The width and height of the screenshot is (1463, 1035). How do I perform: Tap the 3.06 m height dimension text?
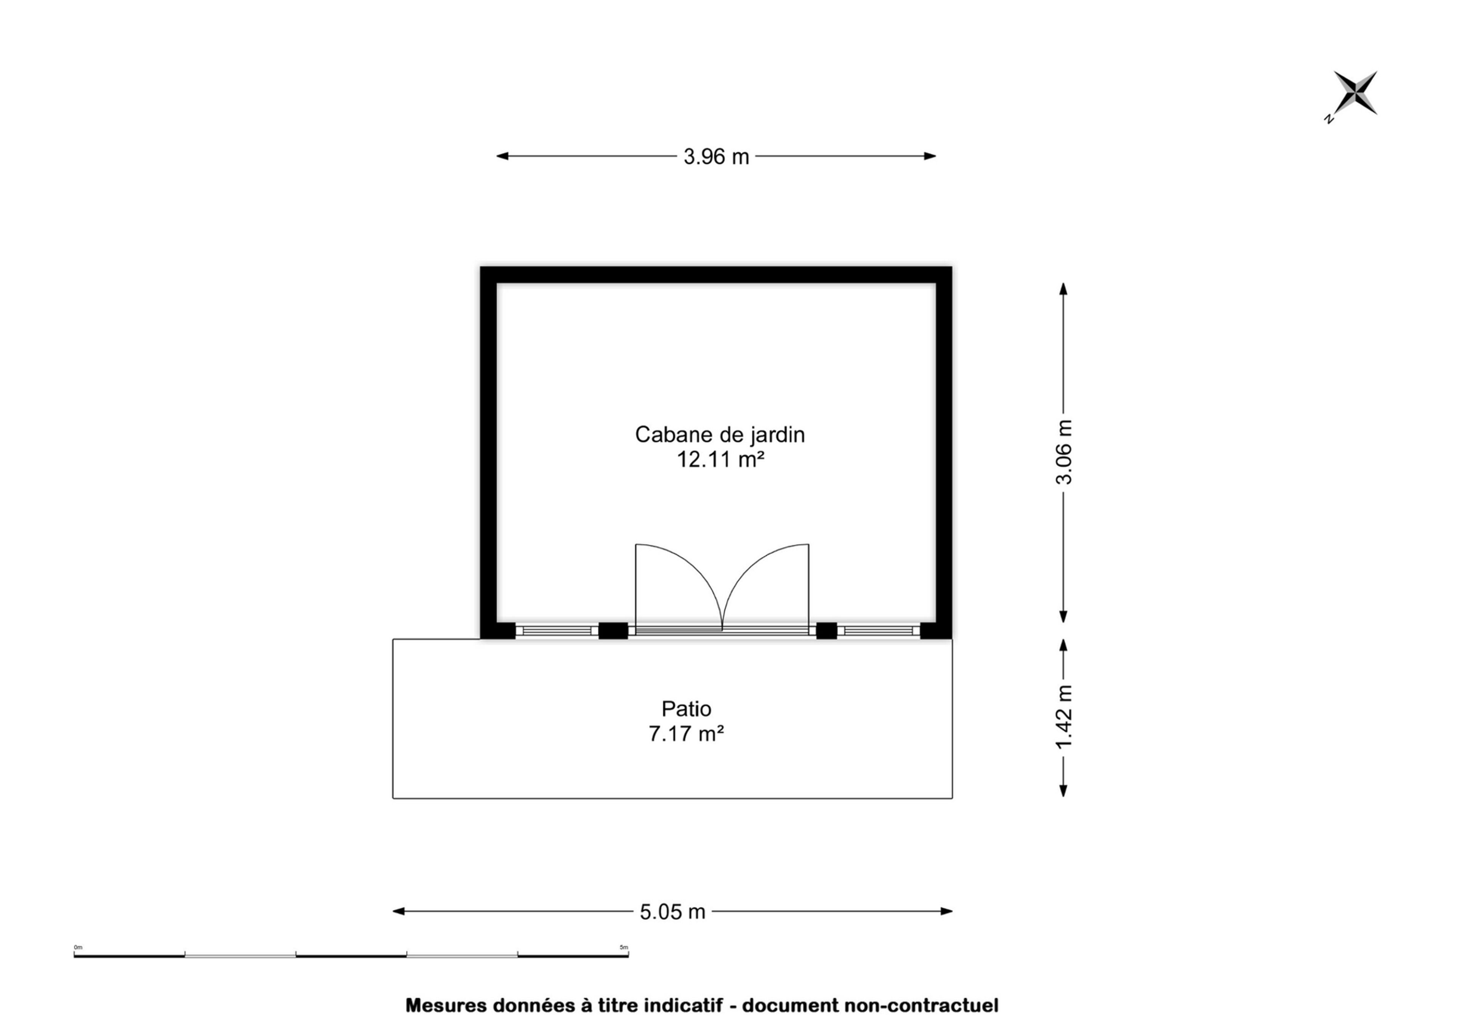coord(1064,453)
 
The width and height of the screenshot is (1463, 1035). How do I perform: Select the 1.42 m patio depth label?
coord(1064,717)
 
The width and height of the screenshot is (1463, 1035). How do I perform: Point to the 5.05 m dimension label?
coord(672,912)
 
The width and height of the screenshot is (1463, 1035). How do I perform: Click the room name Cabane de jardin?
coord(720,435)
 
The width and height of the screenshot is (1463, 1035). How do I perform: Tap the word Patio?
coord(687,709)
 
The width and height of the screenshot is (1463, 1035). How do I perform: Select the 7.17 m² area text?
coord(687,734)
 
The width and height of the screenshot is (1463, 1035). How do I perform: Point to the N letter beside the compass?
coord(1329,118)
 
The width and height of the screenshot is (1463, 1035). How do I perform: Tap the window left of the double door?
coord(557,631)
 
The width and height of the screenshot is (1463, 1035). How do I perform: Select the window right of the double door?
coord(879,631)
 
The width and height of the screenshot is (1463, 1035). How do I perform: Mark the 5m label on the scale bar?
coord(624,948)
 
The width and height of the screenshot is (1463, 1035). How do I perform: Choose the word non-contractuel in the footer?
coord(921,1006)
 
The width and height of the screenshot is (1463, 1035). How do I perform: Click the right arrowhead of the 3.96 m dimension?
coord(930,156)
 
